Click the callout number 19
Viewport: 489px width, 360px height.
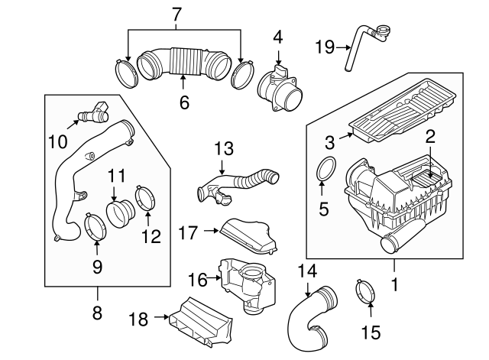[325, 47]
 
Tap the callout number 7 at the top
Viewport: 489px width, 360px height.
[177, 14]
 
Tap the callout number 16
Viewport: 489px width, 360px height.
[198, 280]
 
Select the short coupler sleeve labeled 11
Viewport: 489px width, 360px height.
[119, 212]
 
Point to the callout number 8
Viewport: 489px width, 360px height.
[97, 313]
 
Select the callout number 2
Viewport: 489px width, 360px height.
[431, 138]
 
